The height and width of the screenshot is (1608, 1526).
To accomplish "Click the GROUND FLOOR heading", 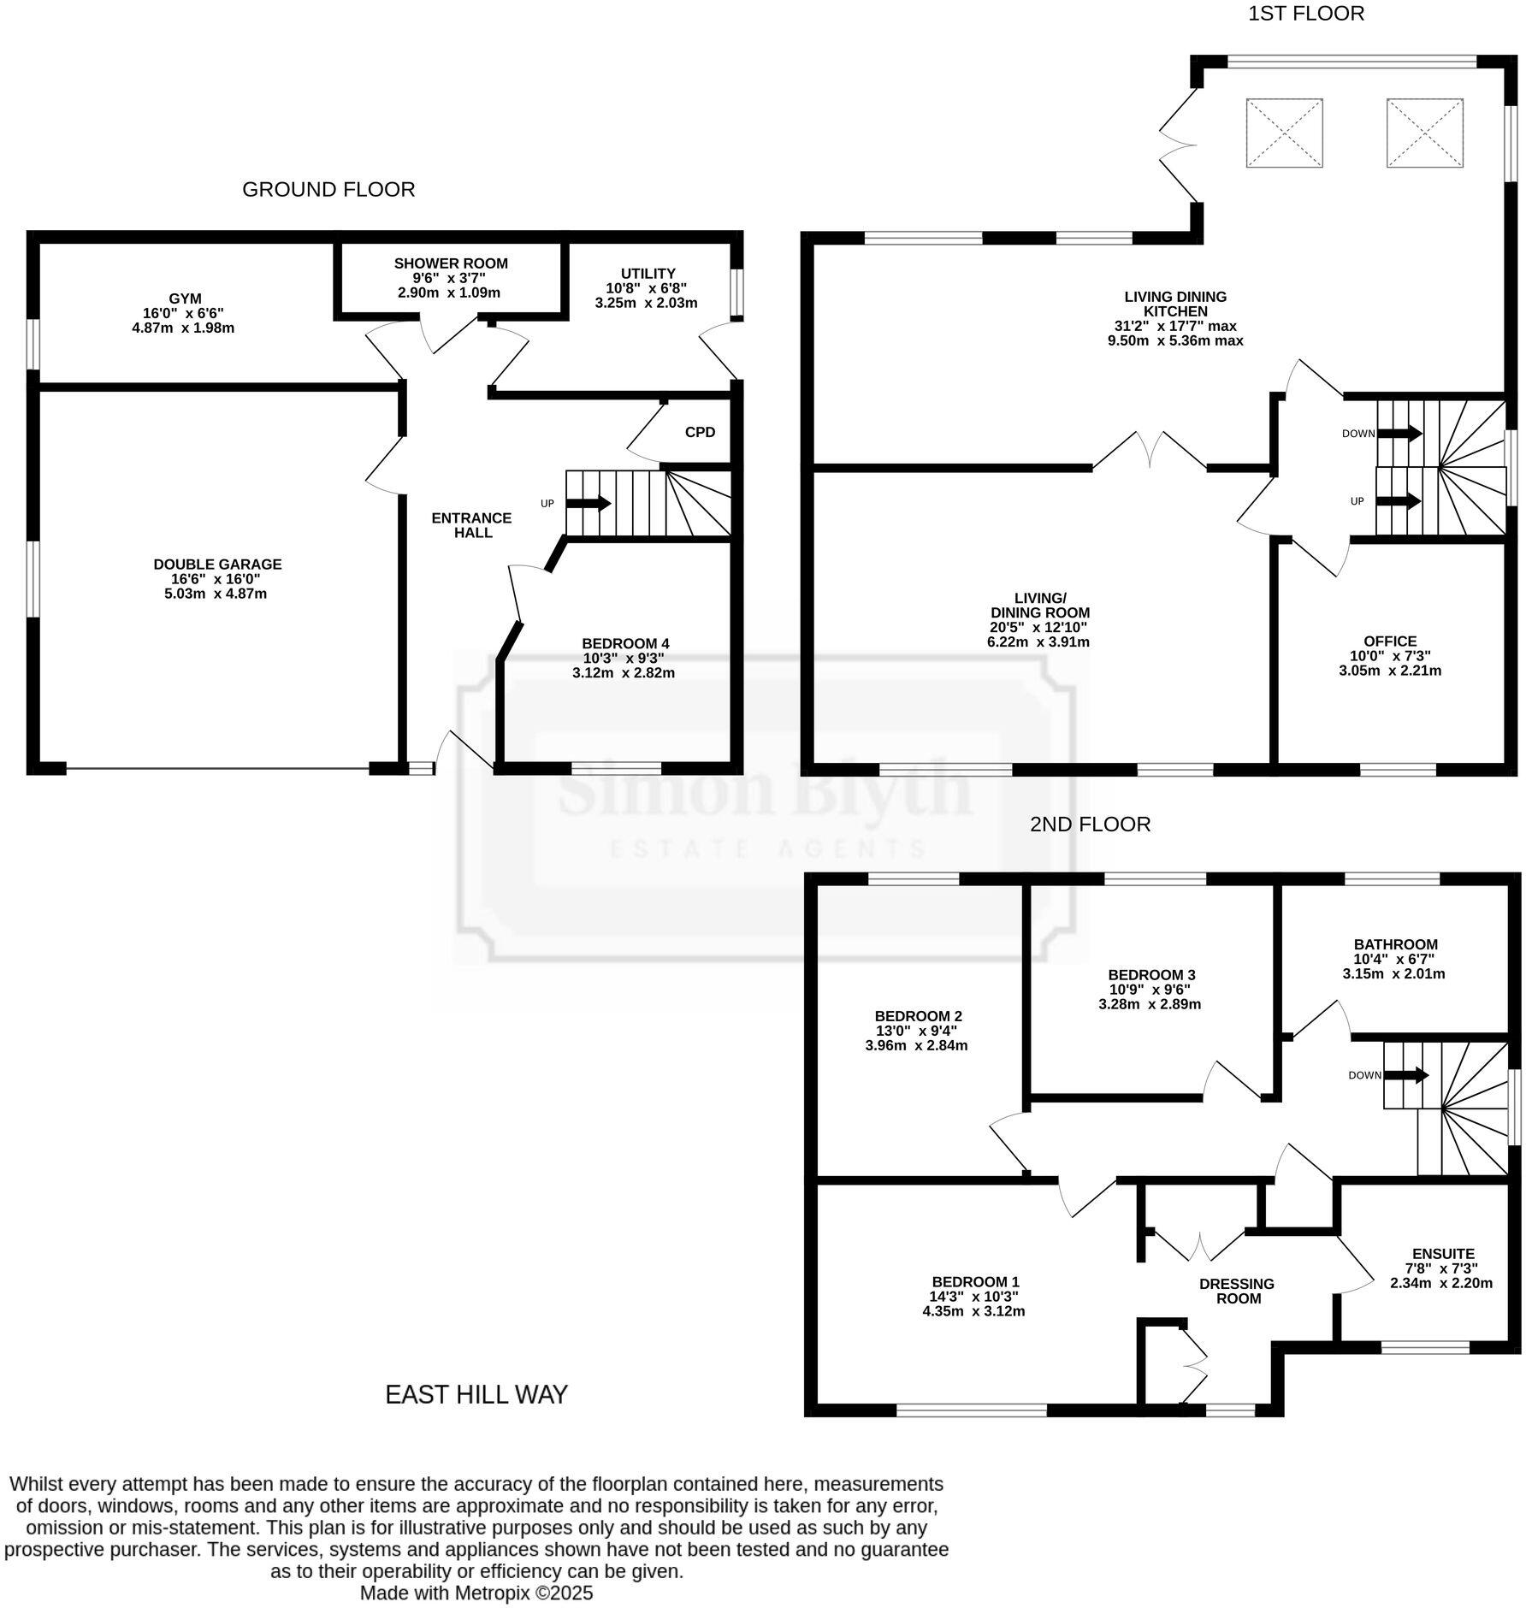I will click(328, 189).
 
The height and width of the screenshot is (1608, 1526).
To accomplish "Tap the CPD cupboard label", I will click(699, 432).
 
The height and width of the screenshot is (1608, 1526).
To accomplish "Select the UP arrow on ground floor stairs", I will click(589, 503).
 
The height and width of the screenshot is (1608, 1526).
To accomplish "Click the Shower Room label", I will click(450, 263).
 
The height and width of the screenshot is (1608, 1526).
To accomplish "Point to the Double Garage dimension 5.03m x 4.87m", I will click(216, 594).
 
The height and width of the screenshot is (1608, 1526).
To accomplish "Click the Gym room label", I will click(185, 299).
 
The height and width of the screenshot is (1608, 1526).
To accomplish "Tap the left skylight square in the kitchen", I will click(1284, 133).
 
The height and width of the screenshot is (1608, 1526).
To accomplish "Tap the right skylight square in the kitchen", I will click(1424, 133).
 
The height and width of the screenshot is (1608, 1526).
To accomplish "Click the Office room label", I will click(1390, 641).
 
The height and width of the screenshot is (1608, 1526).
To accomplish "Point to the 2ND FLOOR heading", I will click(1090, 824).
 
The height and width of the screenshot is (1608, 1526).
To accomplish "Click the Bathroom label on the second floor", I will click(1394, 944).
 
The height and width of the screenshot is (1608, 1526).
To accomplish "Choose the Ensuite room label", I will click(1443, 1254).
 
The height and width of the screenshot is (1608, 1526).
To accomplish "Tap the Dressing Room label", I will click(1237, 1291).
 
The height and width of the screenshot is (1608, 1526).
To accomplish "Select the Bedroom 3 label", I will click(1150, 974).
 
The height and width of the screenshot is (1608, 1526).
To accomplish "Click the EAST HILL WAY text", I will click(476, 1394).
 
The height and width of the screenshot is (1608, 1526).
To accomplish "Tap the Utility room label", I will click(648, 274).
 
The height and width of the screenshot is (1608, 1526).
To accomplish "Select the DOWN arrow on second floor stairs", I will click(1406, 1075).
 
